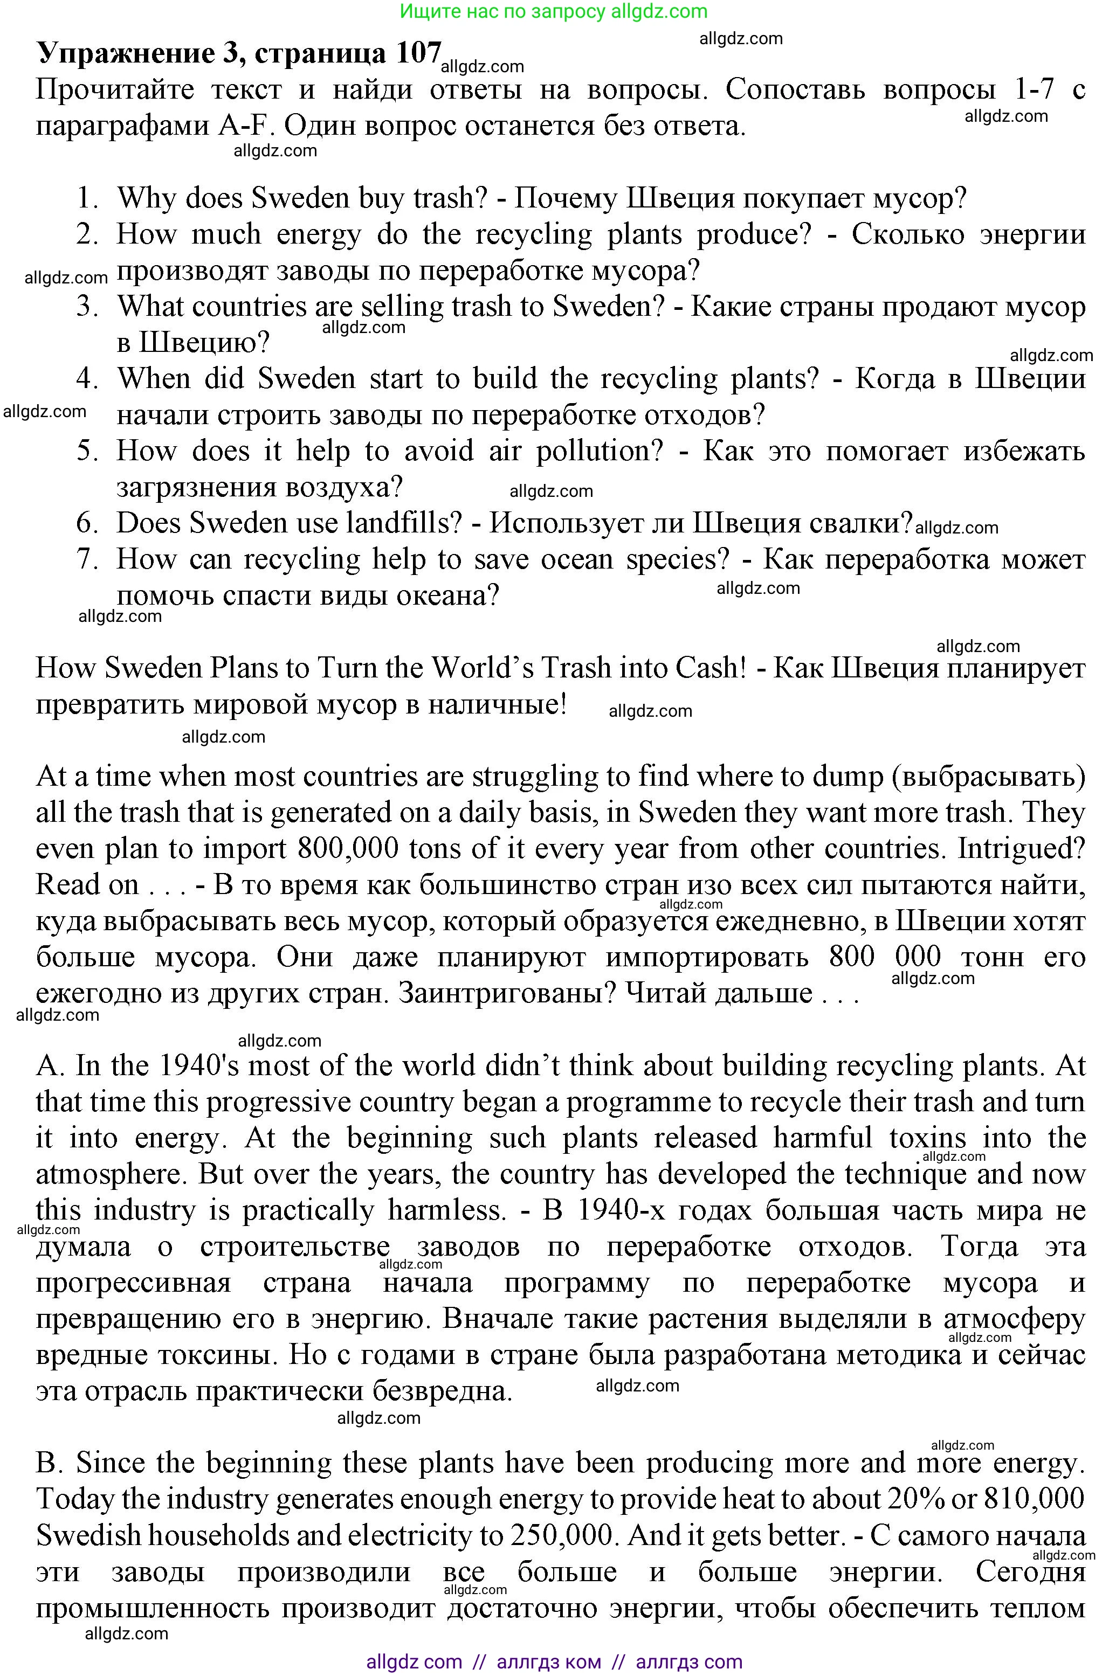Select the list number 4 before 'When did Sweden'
click(x=88, y=379)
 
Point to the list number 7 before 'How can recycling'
click(x=88, y=559)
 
